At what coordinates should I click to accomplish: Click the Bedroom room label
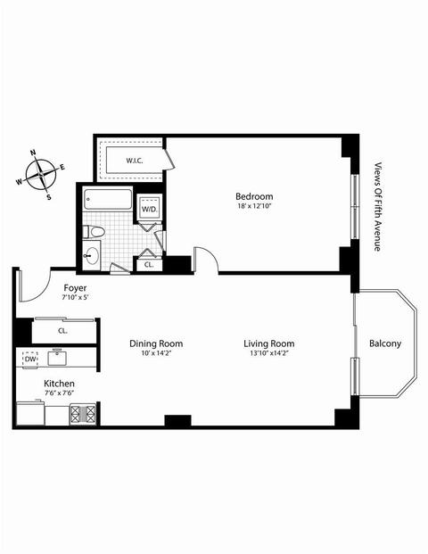click(x=254, y=196)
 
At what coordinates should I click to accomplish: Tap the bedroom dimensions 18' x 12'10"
click(x=254, y=206)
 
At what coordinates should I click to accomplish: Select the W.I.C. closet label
click(x=135, y=161)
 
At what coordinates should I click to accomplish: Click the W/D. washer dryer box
click(x=150, y=208)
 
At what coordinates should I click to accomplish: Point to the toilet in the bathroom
click(x=94, y=232)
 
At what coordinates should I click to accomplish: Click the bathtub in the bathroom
click(x=107, y=200)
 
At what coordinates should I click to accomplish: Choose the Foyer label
click(x=75, y=288)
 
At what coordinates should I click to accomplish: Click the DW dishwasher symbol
click(x=30, y=360)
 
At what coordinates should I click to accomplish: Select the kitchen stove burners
click(x=83, y=413)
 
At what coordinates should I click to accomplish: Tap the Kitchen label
click(x=59, y=384)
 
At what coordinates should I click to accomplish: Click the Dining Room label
click(x=156, y=343)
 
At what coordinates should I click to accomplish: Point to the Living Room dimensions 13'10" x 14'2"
click(x=268, y=353)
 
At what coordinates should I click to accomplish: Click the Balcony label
click(x=385, y=343)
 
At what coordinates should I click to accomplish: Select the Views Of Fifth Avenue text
click(x=378, y=207)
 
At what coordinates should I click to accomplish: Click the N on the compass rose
click(x=34, y=153)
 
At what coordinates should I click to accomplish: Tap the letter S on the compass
click(x=49, y=197)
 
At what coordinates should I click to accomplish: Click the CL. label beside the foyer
click(x=62, y=331)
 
